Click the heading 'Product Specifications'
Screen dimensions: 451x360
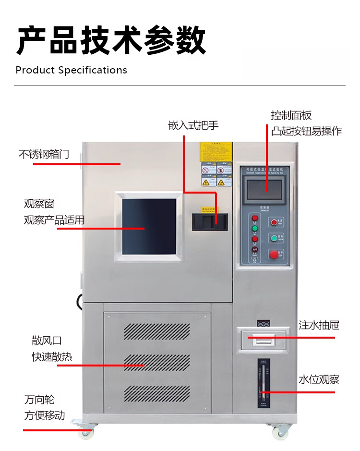coord(71,70)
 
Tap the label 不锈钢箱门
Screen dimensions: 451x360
coord(44,154)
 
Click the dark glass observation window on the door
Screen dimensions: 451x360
coord(149,226)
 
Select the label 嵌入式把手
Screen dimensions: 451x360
coord(193,125)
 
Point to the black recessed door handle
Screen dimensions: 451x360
coord(210,221)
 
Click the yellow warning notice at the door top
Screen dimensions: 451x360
coord(216,152)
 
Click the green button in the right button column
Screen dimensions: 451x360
coord(274,238)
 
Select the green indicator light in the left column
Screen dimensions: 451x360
coord(255,229)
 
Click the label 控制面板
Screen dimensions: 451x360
coord(291,115)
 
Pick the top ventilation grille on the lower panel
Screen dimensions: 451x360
coord(157,331)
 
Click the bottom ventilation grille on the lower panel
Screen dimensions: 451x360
coord(157,394)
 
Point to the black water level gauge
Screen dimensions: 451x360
coord(263,385)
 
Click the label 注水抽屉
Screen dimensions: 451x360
coord(319,325)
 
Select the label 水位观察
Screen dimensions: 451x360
coord(319,379)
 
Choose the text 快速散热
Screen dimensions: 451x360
coord(52,357)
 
